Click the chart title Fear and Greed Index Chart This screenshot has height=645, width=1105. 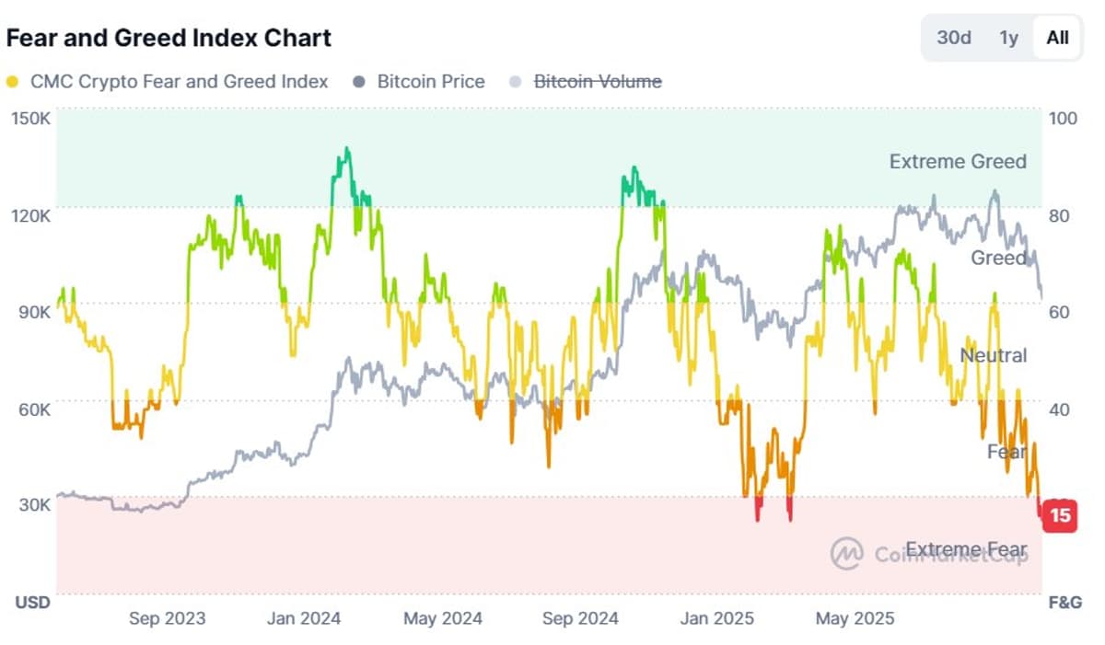[x=169, y=38]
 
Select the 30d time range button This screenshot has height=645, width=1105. [x=954, y=38]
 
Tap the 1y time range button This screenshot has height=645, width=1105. [x=1009, y=38]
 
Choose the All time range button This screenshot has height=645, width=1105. [x=1057, y=38]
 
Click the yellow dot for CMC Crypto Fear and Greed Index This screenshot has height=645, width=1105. [x=12, y=82]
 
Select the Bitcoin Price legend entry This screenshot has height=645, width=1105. [x=430, y=82]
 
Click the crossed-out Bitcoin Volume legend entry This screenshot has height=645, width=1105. [x=598, y=82]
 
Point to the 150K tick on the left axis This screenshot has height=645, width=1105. [x=31, y=118]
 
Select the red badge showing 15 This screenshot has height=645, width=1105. [x=1060, y=515]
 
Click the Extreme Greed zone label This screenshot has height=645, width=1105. [x=958, y=162]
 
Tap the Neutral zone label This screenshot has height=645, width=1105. [x=993, y=355]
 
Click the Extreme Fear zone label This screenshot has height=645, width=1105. [x=966, y=550]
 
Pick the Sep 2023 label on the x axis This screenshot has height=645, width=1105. [x=167, y=618]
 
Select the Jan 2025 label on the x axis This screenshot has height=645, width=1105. [x=716, y=618]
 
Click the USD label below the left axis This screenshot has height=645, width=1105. [x=32, y=603]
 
